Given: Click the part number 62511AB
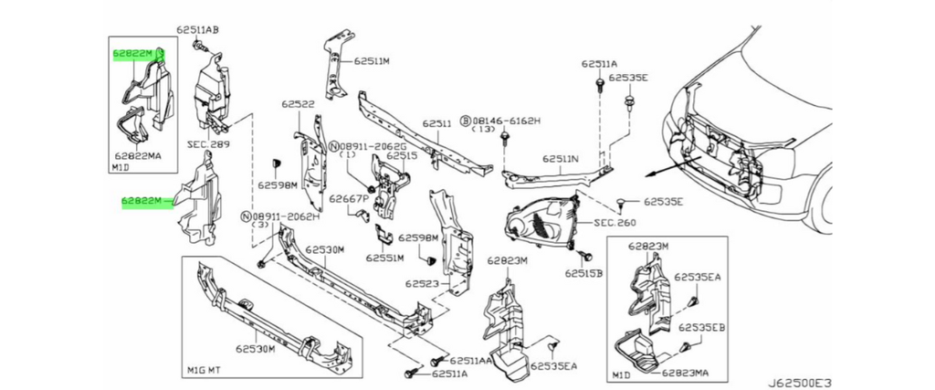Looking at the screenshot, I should coord(199,30).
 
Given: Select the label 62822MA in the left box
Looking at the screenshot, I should coord(139,157).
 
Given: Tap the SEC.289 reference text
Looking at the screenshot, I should coord(208,144).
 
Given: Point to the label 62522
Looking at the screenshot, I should coord(298,104).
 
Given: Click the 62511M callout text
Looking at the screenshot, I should coord(372,61).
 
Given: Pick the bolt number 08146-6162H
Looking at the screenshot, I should coord(507,120).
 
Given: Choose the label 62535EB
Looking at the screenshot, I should coord(701,326).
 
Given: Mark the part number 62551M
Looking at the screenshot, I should coord(385,258).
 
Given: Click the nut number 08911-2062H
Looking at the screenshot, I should coord(286,216).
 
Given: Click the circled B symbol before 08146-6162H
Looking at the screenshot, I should coord(465,120).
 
